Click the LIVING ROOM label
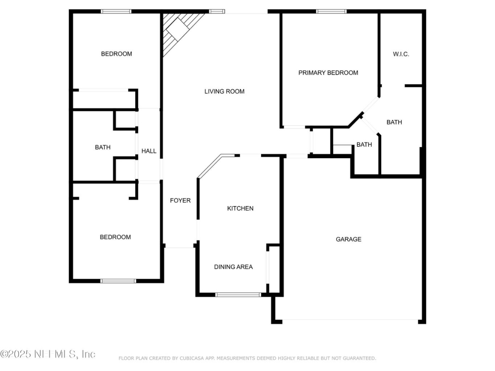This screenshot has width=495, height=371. coord(224,91)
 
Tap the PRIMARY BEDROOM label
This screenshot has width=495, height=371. coord(328,73)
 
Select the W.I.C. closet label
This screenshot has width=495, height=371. coord(401,54)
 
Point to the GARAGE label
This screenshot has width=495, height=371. coord(349,239)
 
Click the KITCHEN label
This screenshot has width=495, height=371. coord(240,208)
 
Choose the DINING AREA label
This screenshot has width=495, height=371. coord(233,267)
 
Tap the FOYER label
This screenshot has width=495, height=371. coord(180,200)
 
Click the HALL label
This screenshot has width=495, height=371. coord(149,151)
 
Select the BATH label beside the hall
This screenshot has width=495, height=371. coord(103,147)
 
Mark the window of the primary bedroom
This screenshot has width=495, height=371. coord(331,12)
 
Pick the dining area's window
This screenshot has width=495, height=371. coord(238,294)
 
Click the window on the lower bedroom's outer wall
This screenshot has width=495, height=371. coord(118,281)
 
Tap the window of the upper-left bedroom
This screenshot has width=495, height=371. coord(116,12)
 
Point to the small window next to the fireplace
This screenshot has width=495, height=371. coord(217,12)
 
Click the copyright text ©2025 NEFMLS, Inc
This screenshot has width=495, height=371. coord(47,354)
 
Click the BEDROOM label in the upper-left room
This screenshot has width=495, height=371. coord(116,54)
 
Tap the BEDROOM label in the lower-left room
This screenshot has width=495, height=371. coord(115,237)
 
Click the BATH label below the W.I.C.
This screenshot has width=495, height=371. coord(394,122)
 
